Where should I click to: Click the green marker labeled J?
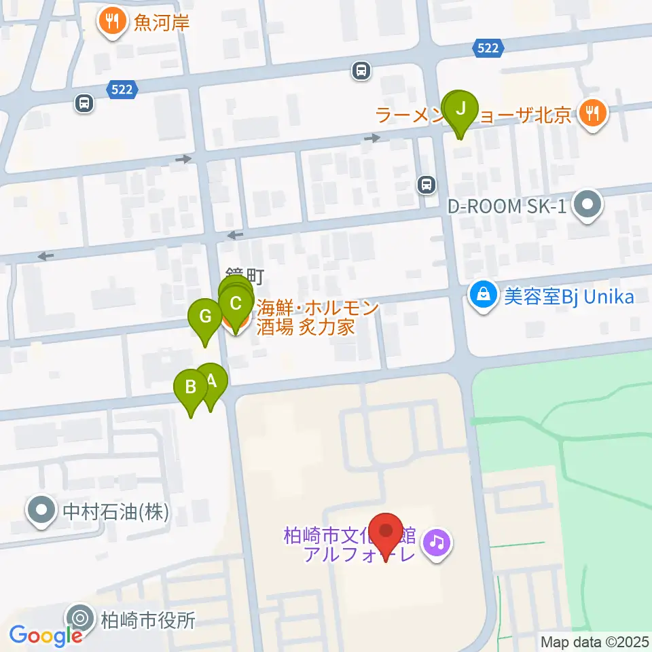pyautogui.click(x=461, y=109)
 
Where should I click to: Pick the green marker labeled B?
pyautogui.click(x=191, y=388)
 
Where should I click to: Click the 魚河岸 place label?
pyautogui.click(x=162, y=23)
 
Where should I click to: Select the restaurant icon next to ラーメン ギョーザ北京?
pyautogui.click(x=593, y=112)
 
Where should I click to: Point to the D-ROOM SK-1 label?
pyautogui.click(x=507, y=205)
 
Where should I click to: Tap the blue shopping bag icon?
pyautogui.click(x=483, y=296)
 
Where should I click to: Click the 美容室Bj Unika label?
pyautogui.click(x=568, y=297)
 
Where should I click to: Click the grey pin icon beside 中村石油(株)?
pyautogui.click(x=42, y=511)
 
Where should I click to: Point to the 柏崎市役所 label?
pyautogui.click(x=148, y=620)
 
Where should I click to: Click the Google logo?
pyautogui.click(x=46, y=636)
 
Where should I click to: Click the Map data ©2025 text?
pyautogui.click(x=594, y=642)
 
